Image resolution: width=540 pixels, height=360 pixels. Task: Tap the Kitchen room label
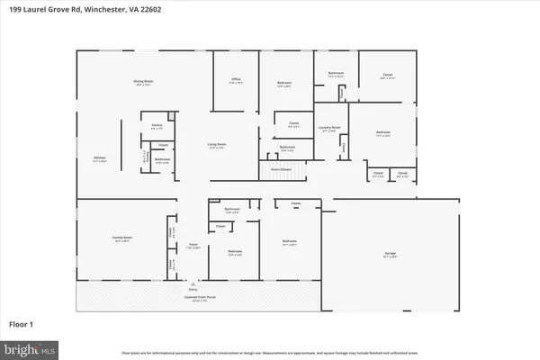pos(101,162)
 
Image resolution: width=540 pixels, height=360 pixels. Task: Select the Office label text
pos(236,80)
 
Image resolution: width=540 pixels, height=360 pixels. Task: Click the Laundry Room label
pos(330,129)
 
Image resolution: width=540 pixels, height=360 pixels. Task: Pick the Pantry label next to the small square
pos(157,126)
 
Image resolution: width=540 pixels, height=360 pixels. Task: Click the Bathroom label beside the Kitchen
pos(163,160)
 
